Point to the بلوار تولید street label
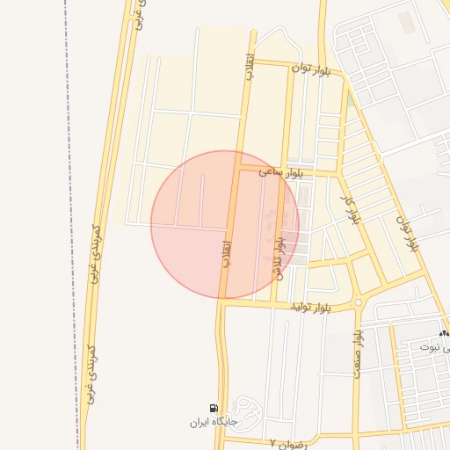[x=314, y=307]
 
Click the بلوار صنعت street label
[x=358, y=354]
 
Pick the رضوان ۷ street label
[x=286, y=444]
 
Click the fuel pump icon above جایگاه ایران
[x=214, y=407]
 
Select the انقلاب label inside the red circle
[x=227, y=249]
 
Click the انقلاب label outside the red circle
[x=250, y=69]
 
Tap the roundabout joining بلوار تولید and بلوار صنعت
[x=359, y=304]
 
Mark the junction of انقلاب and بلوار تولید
[x=223, y=302]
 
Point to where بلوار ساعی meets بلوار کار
[x=337, y=173]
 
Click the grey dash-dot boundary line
[x=66, y=220]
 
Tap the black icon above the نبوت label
[x=443, y=334]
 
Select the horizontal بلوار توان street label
[x=313, y=69]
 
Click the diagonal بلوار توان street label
[x=405, y=230]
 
